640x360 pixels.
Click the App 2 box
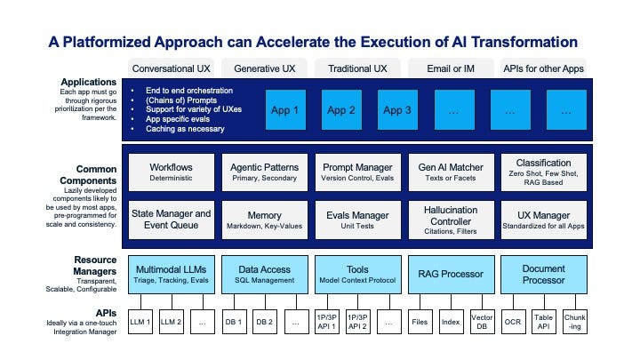tap(341, 110)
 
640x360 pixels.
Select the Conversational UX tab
tap(171, 68)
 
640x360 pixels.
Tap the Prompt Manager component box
tap(357, 172)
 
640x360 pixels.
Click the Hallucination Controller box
tap(451, 220)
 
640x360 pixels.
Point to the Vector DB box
tap(482, 322)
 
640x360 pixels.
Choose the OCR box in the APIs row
tap(513, 322)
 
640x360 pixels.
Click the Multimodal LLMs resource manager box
tap(171, 275)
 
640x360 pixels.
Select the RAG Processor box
tap(451, 275)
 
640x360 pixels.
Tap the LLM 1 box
tap(140, 322)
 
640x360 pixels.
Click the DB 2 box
tap(265, 322)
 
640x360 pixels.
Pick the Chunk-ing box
tap(575, 322)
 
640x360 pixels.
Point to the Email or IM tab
tap(451, 68)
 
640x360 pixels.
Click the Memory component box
tap(265, 220)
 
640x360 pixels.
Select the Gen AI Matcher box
tap(451, 172)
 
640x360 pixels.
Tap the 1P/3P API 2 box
tap(357, 322)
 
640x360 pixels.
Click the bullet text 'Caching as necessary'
tap(185, 129)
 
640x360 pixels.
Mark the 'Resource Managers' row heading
tap(95, 266)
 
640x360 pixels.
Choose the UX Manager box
tap(544, 220)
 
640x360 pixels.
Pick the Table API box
tap(544, 322)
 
